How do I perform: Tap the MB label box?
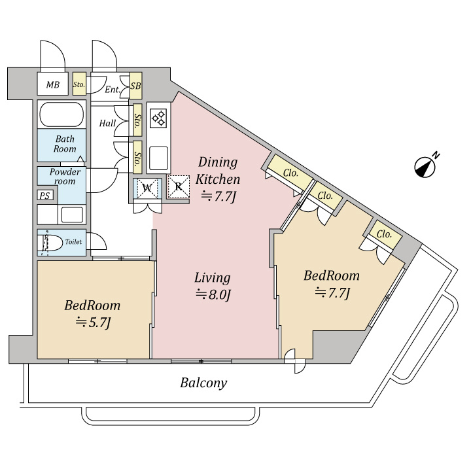52,84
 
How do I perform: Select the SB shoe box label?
135,86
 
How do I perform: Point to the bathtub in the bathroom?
62,116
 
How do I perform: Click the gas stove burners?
158,118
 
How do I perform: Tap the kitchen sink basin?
158,158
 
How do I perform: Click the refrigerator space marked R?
178,186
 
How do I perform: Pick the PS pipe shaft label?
44,196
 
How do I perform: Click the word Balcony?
203,383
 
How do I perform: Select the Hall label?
108,123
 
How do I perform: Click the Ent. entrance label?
112,89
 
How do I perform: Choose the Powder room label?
65,177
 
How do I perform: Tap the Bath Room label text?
65,144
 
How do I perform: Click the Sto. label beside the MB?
79,84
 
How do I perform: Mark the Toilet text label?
73,242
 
